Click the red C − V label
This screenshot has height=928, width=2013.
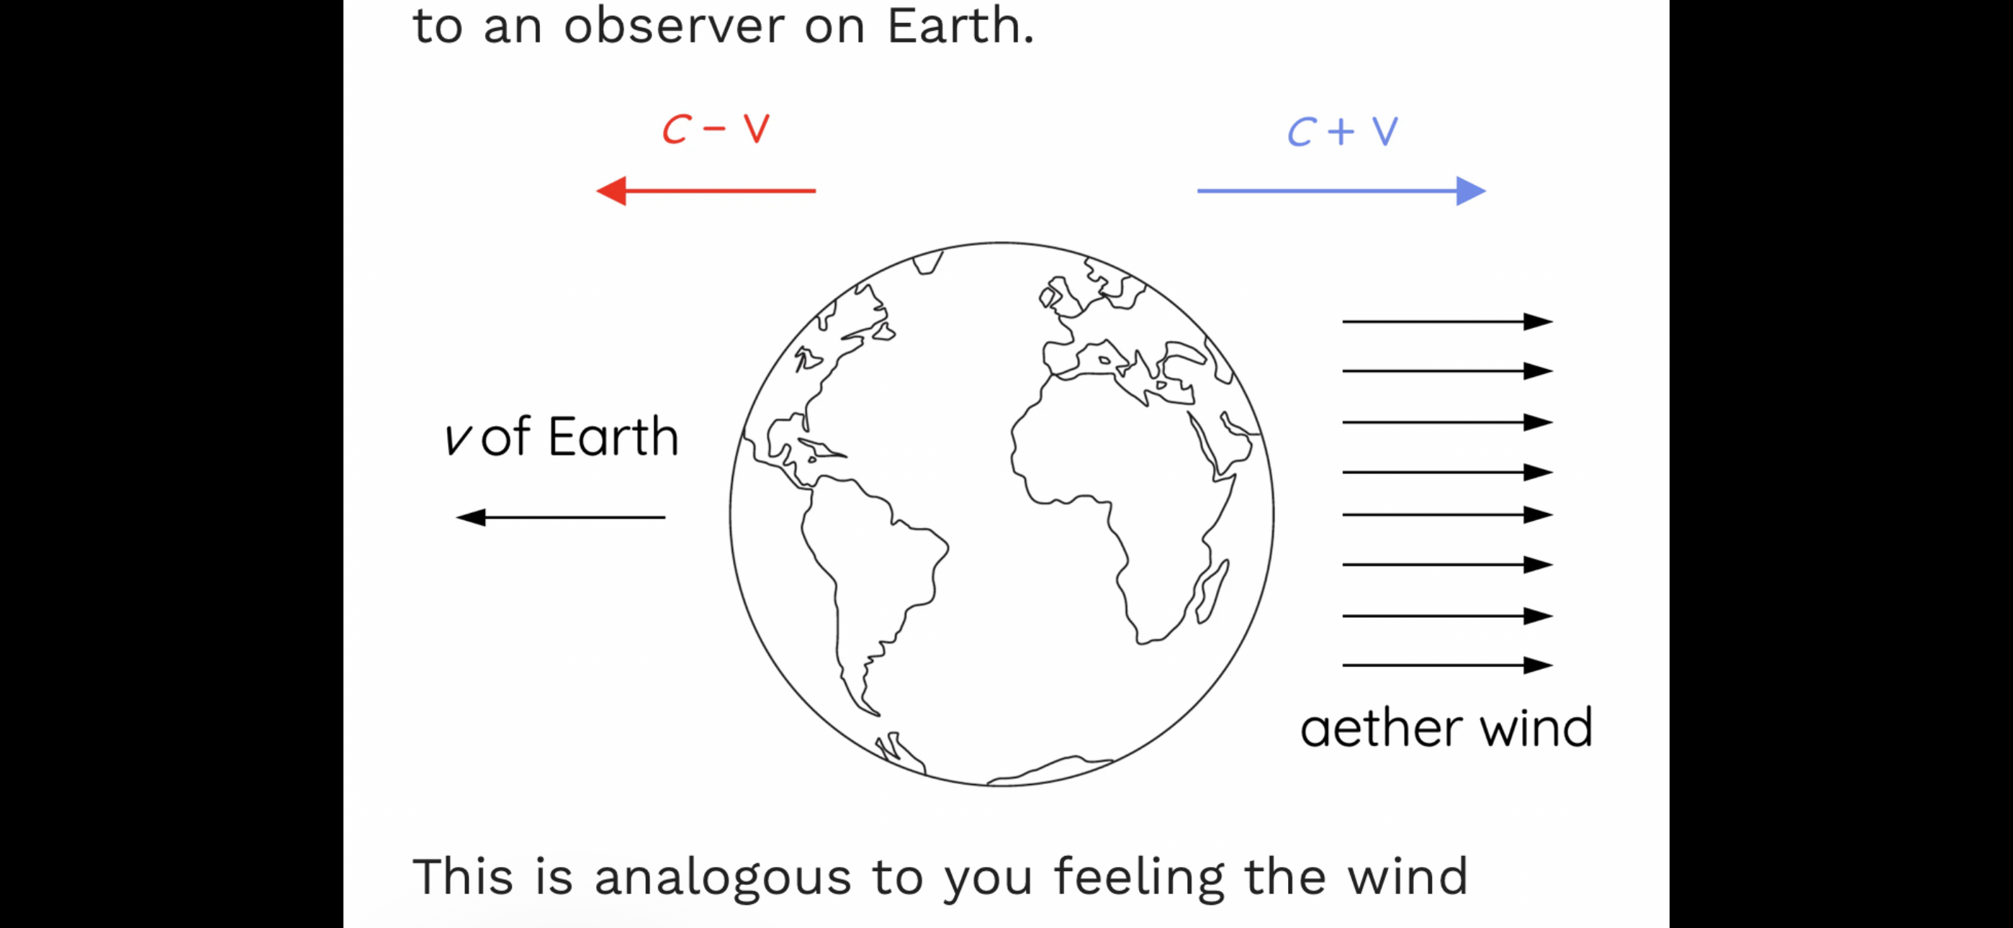[716, 129]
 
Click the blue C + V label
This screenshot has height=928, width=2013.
[1343, 131]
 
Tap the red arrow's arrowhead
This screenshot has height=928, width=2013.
[611, 191]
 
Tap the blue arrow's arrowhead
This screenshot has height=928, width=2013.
[1471, 191]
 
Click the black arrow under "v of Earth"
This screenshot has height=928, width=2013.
[560, 517]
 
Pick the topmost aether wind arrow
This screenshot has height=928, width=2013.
[1447, 321]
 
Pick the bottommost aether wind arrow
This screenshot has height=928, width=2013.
[1447, 665]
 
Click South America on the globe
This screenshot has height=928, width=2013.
[868, 586]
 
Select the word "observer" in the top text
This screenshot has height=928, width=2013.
[674, 27]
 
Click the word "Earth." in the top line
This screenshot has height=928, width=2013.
[960, 27]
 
